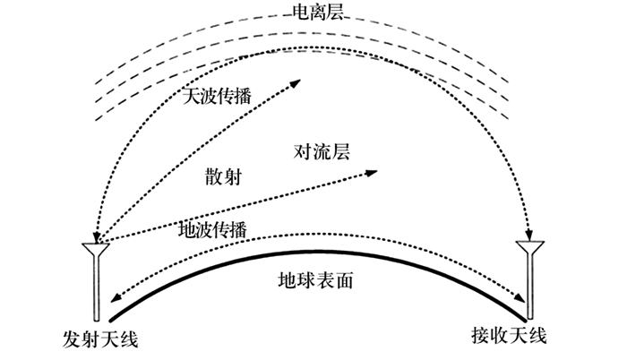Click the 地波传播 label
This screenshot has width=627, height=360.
click(x=211, y=230)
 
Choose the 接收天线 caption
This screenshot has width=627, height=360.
click(x=507, y=335)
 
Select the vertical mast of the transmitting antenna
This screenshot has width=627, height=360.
click(x=94, y=287)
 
